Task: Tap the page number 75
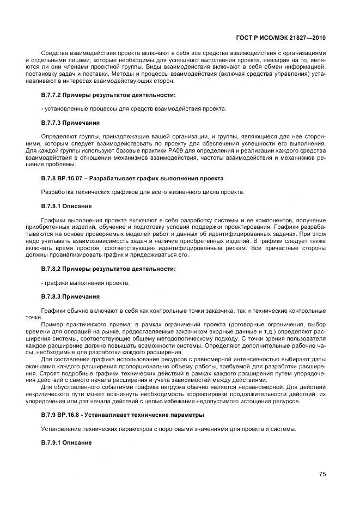coord(322,474)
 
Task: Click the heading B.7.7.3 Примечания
coord(70,123)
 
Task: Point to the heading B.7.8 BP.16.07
coord(132,178)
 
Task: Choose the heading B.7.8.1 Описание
coord(66,206)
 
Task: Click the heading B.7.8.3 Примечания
coord(70,296)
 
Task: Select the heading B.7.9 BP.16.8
coord(123,415)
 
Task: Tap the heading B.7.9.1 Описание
coord(66,443)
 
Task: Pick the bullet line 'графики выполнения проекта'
coord(86,283)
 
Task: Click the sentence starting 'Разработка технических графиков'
coord(143,192)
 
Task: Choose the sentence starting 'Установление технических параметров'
coord(169,429)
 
